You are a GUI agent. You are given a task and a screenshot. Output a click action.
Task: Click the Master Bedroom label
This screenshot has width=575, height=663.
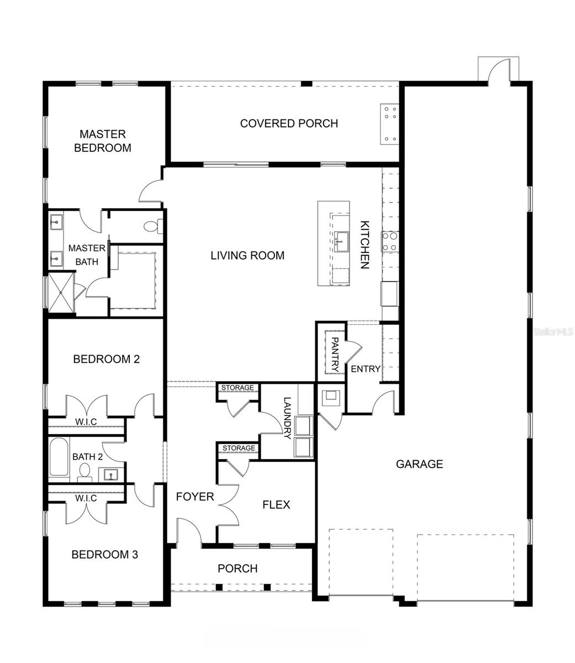point(103,141)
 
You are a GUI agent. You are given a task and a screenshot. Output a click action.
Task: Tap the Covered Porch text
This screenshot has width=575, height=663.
point(288,123)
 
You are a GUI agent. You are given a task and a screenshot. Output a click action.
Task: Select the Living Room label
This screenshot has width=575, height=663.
point(247,255)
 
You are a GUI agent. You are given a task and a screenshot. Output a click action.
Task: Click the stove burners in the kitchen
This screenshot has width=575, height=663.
point(389,241)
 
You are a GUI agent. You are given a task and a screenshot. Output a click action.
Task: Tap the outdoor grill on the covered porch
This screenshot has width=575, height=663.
point(389,124)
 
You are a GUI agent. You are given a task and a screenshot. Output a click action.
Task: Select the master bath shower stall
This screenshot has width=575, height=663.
point(60,293)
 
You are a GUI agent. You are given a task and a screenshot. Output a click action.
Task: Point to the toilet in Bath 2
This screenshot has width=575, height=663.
point(85,471)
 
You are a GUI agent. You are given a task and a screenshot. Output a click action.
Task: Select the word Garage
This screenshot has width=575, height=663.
point(419,464)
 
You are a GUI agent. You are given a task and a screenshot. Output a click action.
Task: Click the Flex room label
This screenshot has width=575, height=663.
point(276,505)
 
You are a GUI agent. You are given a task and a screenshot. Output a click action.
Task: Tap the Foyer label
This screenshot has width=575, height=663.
point(194,497)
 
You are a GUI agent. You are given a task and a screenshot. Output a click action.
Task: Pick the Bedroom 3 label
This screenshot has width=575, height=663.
point(104,554)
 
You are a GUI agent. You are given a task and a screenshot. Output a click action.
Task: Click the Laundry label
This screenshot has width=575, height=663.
point(286,418)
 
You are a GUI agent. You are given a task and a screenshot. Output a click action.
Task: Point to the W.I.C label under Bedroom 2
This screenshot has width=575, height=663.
point(86,422)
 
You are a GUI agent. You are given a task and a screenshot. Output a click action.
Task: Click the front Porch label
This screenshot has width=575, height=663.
point(238,568)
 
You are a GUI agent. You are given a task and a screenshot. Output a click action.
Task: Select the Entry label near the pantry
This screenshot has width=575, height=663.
point(366,369)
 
